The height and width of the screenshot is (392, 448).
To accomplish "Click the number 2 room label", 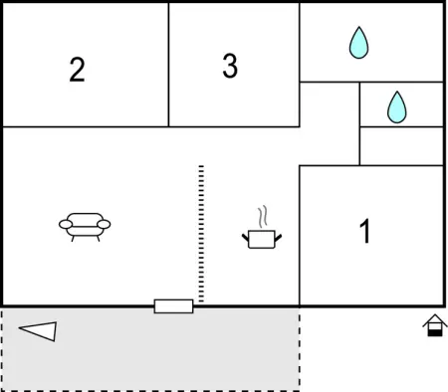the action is click(x=77, y=70).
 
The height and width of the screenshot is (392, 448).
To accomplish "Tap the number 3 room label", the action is click(x=230, y=66).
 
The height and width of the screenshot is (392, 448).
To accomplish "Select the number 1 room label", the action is click(x=365, y=231).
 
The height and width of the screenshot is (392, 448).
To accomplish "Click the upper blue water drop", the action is click(x=358, y=43).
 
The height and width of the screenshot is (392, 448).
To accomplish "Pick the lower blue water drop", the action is click(x=397, y=106).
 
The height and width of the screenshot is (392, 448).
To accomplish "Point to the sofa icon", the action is click(x=85, y=227).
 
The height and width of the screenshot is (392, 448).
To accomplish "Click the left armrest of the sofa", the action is click(x=66, y=225).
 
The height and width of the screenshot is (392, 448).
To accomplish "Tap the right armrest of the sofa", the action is click(x=104, y=225).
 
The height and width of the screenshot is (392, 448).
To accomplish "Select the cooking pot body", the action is click(x=262, y=239).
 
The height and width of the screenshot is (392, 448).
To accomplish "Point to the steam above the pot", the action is click(x=263, y=217).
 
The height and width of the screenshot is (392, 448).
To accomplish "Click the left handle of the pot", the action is click(x=245, y=237).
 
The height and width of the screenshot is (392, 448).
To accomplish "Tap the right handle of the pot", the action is click(x=278, y=237).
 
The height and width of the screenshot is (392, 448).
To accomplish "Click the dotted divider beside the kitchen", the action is click(x=201, y=234).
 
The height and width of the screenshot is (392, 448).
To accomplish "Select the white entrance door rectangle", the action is click(x=173, y=306).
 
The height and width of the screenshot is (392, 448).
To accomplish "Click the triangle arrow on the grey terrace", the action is click(x=38, y=331).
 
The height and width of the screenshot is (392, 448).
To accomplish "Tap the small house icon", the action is click(x=435, y=325).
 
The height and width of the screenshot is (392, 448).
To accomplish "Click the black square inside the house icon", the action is click(x=435, y=333).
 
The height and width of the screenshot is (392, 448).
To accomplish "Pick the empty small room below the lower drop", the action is click(x=401, y=146).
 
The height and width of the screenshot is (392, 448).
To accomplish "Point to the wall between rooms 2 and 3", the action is click(x=168, y=65).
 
